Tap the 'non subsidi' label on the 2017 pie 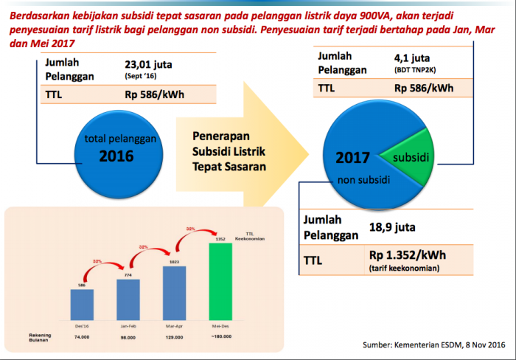click(364, 179)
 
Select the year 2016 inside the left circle click(116, 156)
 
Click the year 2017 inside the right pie click(352, 158)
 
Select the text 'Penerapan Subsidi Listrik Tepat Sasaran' click(229, 152)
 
